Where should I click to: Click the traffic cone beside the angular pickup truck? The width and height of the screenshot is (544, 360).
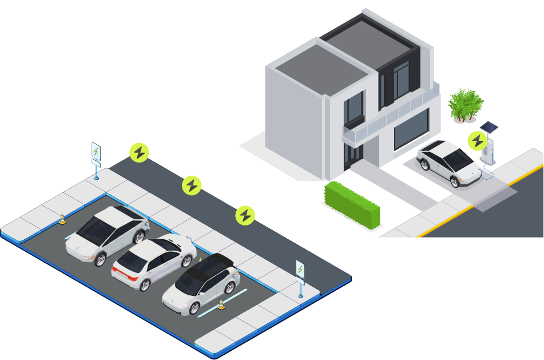tap(62, 219)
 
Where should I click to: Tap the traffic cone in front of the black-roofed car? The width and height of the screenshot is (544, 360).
tap(221, 304)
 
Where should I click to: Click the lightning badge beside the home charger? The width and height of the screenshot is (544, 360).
tap(477, 140)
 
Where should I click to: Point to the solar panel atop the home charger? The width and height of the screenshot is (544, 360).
tap(489, 127)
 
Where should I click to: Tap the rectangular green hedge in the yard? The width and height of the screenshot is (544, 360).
tap(352, 205)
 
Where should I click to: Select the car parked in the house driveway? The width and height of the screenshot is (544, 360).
tap(449, 163)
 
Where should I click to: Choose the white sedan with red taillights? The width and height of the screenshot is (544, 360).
tap(153, 262)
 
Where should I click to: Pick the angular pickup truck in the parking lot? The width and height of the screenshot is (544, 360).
tap(107, 234)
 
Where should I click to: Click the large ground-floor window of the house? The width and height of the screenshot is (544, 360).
tap(411, 129)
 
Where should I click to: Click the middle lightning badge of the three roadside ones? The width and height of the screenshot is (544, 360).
tap(192, 185)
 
